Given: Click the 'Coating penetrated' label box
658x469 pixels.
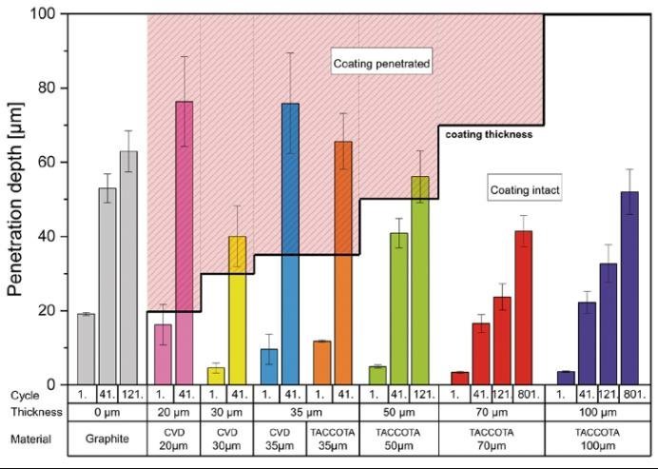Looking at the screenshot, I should click(x=382, y=64).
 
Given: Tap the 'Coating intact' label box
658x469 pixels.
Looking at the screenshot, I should click(x=525, y=190).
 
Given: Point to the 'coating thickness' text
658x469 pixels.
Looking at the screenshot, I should click(x=489, y=135).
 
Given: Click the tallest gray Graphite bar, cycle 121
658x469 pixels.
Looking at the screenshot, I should click(x=129, y=267).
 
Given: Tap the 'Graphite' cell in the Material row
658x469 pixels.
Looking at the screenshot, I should click(x=107, y=440).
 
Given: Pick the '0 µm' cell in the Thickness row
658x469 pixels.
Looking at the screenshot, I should click(x=107, y=412).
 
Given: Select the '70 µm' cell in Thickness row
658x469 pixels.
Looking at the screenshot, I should click(x=491, y=412).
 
